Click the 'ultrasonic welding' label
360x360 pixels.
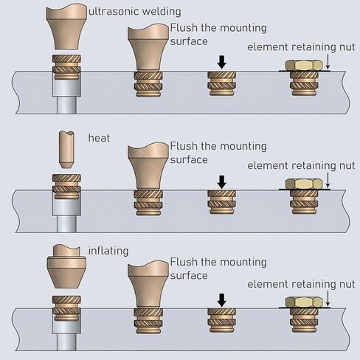click(x=135, y=12)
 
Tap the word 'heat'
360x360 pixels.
click(x=99, y=138)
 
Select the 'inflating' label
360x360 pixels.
click(x=108, y=251)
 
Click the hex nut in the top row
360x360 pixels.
click(x=304, y=65)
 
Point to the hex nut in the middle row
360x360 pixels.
click(x=304, y=184)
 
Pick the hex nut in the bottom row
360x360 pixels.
click(x=304, y=302)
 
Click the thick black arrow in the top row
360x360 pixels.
click(x=222, y=62)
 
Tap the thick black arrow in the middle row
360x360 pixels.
click(x=222, y=182)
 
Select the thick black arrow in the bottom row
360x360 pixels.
click(x=222, y=300)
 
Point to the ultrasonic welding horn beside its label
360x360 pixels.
click(x=66, y=27)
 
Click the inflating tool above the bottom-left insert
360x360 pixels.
click(x=66, y=266)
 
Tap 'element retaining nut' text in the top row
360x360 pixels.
click(x=301, y=47)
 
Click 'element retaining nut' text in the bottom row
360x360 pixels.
click(x=301, y=284)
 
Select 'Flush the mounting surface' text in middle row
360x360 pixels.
click(x=218, y=153)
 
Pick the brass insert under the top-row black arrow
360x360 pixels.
click(x=222, y=83)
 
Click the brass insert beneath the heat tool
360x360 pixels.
click(x=66, y=187)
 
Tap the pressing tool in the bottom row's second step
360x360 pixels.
click(x=148, y=284)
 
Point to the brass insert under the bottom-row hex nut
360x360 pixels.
click(x=304, y=320)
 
